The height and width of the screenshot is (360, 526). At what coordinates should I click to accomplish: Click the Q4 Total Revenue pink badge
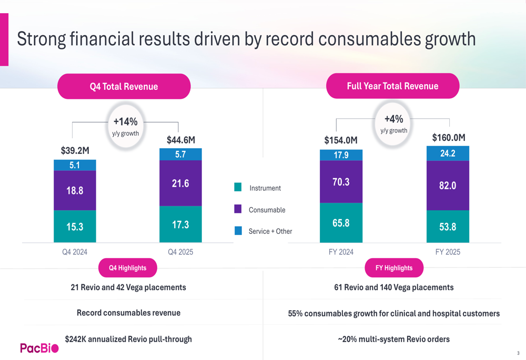124,87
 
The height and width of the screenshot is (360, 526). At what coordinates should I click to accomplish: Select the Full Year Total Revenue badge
392,86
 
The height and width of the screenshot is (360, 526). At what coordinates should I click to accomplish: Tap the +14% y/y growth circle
126,126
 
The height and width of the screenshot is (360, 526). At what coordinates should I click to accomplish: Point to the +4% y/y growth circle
393,124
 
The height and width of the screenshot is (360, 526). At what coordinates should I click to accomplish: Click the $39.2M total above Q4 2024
75,151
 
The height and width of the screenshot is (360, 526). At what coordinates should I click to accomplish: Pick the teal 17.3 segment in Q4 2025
180,224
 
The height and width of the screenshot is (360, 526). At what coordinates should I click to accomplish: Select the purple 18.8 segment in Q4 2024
75,191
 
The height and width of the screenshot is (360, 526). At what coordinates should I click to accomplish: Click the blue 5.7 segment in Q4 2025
180,155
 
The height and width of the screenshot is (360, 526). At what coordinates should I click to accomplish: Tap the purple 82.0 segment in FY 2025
448,186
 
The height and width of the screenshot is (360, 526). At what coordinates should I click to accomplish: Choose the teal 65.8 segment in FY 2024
341,223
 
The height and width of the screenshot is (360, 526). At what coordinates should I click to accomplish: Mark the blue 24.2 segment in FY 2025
448,153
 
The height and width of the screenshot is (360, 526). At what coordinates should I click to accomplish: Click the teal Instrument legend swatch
238,187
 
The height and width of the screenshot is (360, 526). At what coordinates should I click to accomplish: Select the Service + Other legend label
270,231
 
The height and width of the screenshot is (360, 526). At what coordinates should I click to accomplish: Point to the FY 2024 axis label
341,252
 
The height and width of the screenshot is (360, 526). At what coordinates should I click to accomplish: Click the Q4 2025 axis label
180,252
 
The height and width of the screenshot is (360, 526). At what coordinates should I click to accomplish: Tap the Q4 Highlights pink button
127,268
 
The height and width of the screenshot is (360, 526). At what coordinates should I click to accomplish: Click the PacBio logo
39,348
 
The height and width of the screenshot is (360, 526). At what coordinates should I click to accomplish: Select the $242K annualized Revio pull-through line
128,339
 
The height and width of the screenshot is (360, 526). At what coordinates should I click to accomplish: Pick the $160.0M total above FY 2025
449,138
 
